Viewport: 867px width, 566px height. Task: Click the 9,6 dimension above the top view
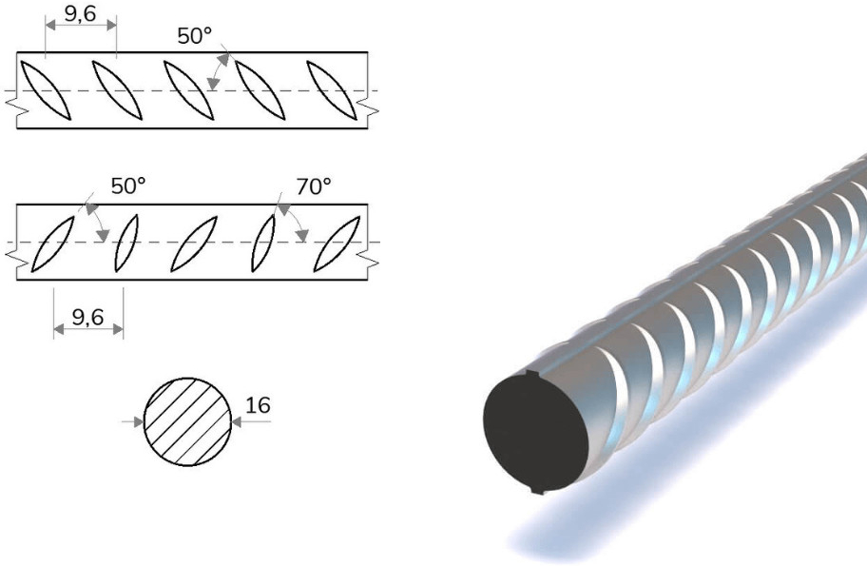click(x=81, y=13)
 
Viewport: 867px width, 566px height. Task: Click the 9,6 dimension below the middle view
click(x=88, y=317)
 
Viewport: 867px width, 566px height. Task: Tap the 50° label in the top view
click(x=195, y=36)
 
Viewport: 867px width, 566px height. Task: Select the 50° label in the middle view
click(x=129, y=186)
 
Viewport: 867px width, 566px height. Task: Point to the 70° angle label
click(x=314, y=186)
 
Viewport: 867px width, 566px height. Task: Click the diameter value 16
click(x=258, y=405)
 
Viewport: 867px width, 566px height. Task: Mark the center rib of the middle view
click(x=195, y=244)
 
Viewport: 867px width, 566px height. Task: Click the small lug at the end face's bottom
click(x=537, y=492)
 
